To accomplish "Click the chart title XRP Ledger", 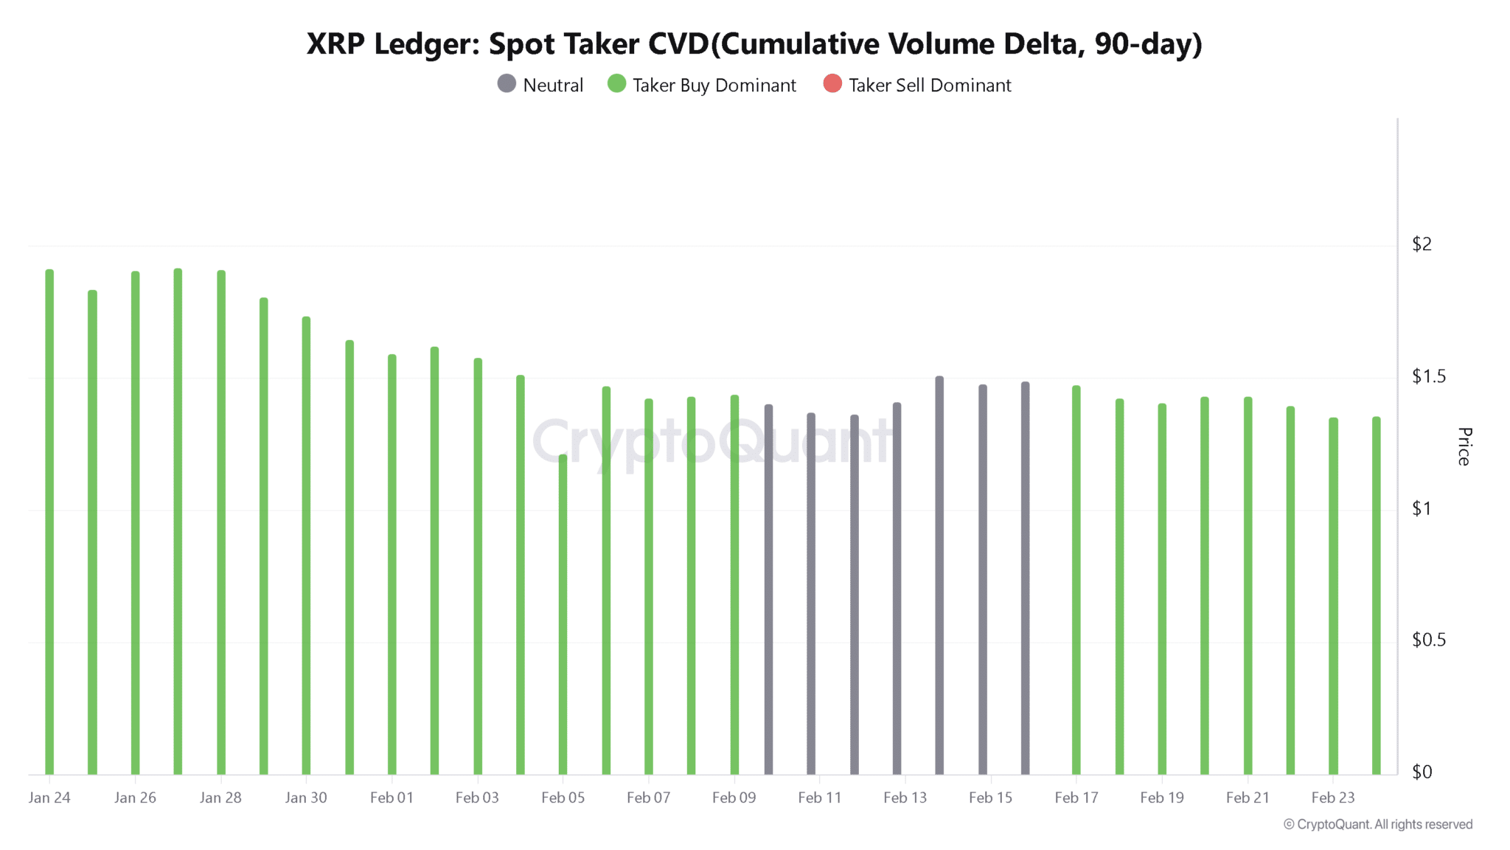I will coord(754,44).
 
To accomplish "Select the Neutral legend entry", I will coord(540,85).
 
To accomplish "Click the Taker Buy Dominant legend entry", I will coord(702,85).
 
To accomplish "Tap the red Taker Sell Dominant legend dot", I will coord(832,84).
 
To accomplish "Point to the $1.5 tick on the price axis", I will coord(1428,376).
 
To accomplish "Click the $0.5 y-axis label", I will coord(1428,640).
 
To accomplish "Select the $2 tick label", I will coord(1421,244).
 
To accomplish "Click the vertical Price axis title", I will coord(1464,446).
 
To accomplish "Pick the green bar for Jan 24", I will coord(49,516).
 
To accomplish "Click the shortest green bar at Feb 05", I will coord(563,612).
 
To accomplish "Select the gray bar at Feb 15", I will coord(983,576).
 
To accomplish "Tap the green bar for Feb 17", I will coord(1076,576).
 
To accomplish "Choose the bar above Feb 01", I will coord(392,561).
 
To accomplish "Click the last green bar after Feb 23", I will coord(1376,590).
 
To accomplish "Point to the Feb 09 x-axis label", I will coord(734,798).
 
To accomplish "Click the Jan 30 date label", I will coord(306,798).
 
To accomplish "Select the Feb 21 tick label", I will coord(1248,798).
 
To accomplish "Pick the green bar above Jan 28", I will coord(221,516).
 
